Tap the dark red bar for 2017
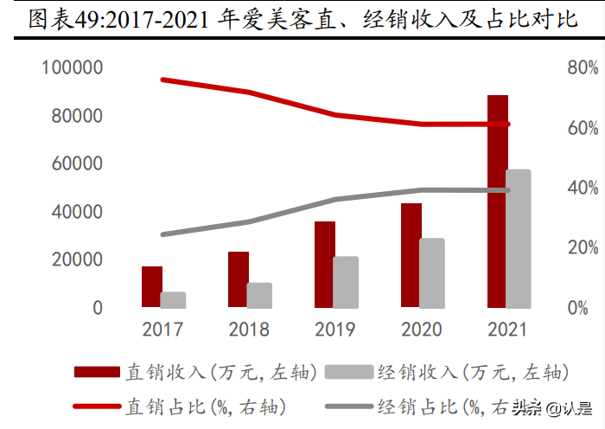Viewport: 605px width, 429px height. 152,286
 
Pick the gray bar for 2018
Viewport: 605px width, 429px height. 259,295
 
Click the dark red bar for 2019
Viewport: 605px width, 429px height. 325,264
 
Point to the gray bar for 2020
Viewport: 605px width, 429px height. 432,272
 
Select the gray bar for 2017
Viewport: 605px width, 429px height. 173,299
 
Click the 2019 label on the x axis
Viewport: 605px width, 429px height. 335,330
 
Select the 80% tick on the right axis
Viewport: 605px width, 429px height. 583,67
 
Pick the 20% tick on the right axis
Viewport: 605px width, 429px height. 583,248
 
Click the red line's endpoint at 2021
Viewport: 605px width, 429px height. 508,125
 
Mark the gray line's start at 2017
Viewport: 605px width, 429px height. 162,234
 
